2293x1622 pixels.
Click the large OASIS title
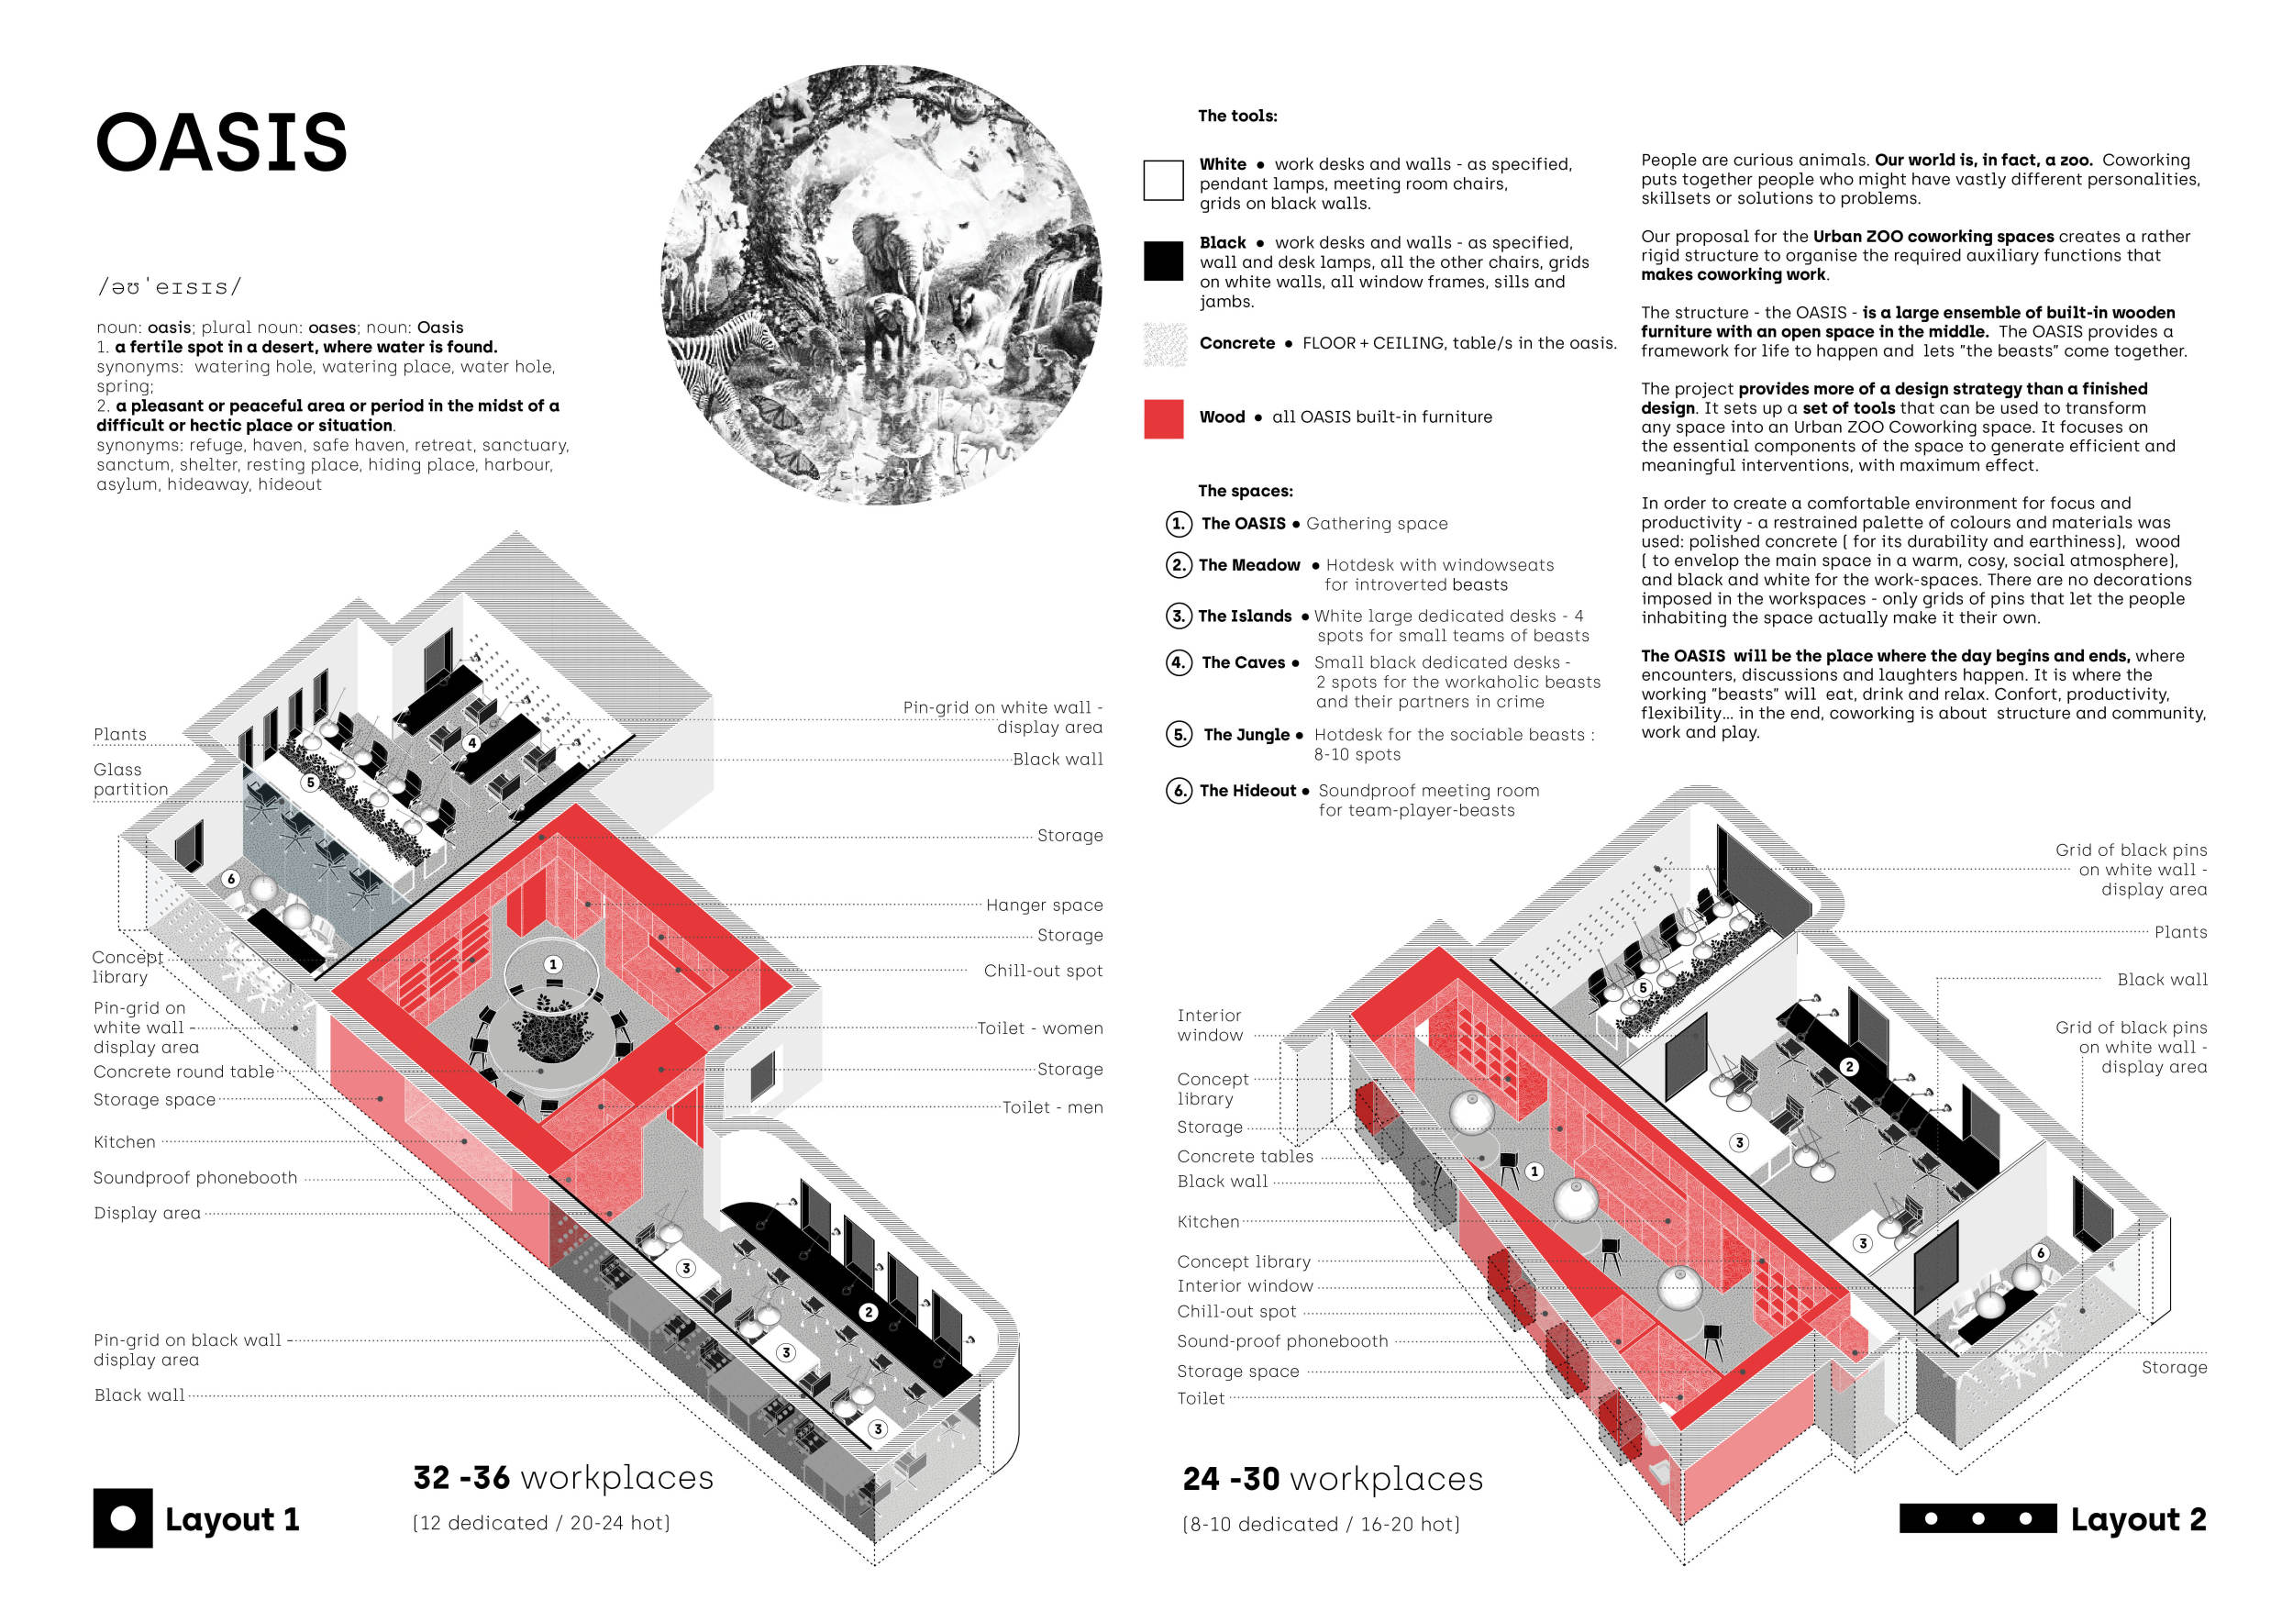click(x=221, y=142)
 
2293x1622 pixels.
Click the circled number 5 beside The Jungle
click(x=1179, y=735)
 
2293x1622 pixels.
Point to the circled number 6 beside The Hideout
click(x=1179, y=791)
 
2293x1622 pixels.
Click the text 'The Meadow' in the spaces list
click(x=1248, y=565)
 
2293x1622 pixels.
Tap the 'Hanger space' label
click(x=1044, y=905)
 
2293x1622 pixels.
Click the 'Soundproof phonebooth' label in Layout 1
click(x=194, y=1179)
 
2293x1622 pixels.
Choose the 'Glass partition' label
click(x=130, y=779)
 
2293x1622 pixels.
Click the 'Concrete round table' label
click(x=183, y=1072)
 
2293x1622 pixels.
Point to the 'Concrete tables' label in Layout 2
click(x=1245, y=1157)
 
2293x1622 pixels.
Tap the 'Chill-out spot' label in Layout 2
click(x=1235, y=1311)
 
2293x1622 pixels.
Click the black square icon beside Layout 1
click(x=123, y=1518)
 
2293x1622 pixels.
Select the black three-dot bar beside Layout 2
click(x=1977, y=1518)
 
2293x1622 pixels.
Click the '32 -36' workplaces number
click(x=461, y=1477)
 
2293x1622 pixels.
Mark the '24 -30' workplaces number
click(x=1230, y=1478)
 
